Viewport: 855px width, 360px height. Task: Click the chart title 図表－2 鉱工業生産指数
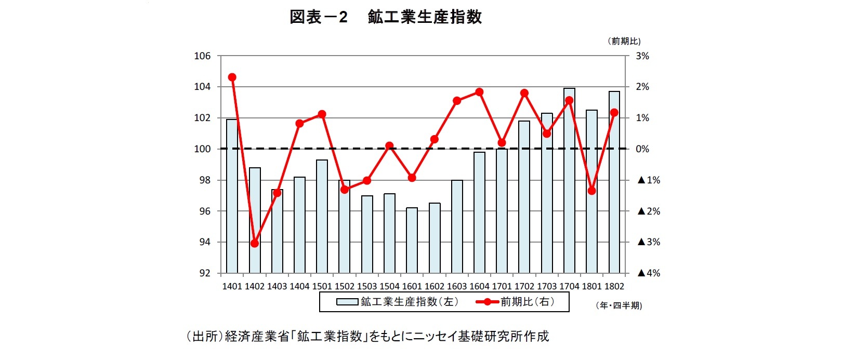(x=385, y=17)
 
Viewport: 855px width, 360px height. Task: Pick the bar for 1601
(x=412, y=240)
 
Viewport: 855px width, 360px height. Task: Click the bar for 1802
(x=614, y=182)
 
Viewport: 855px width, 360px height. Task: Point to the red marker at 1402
(x=255, y=243)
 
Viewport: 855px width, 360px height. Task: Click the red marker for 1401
(x=232, y=77)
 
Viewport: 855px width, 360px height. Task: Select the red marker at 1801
(x=591, y=191)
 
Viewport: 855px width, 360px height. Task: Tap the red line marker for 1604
(x=479, y=92)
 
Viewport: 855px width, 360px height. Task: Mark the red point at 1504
(x=389, y=146)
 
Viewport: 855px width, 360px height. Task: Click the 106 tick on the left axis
(x=202, y=56)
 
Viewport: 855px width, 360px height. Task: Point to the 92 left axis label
(x=205, y=273)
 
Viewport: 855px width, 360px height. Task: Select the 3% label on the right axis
(x=642, y=56)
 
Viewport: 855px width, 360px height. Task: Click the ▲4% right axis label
(x=649, y=273)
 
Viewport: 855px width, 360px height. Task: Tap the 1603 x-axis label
(x=457, y=286)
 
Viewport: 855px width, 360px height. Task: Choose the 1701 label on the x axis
(x=502, y=286)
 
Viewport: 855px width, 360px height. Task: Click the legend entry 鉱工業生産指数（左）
(x=398, y=302)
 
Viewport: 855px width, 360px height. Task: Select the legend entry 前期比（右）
(x=515, y=302)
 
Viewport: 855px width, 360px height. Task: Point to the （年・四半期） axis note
(x=619, y=306)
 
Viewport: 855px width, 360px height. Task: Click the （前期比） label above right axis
(x=624, y=41)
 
